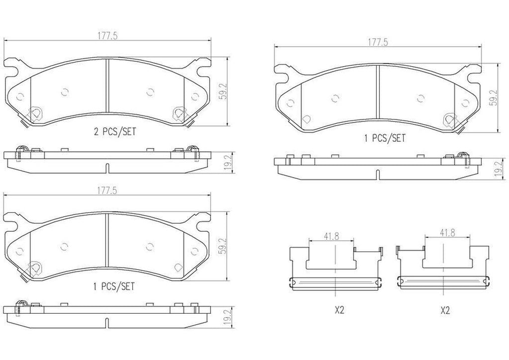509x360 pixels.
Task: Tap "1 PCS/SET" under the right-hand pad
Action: [385, 139]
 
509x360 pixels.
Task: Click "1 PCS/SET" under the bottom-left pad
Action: [114, 287]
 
